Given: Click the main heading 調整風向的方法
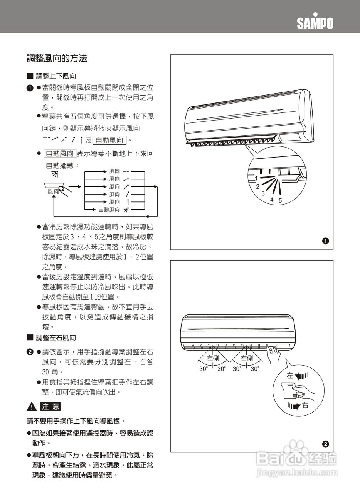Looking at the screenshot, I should [x=57, y=59].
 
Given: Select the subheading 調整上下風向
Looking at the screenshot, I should [x=56, y=77].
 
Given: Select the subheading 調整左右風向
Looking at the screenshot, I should [x=56, y=338].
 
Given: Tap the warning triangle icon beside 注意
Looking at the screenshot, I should [x=31, y=407].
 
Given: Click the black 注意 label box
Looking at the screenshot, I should [x=50, y=407].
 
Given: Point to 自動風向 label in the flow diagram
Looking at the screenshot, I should [x=109, y=210].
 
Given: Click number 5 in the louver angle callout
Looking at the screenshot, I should [x=280, y=201].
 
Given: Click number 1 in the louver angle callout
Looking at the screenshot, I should [x=256, y=178].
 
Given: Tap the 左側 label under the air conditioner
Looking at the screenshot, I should [x=213, y=358].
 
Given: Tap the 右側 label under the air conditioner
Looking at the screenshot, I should [x=247, y=358].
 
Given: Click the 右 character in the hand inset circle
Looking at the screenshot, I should [x=305, y=406].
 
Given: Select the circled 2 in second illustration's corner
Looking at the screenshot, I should [x=325, y=444].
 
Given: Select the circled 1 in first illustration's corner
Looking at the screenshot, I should [x=325, y=241].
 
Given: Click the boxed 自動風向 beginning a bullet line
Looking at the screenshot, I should [x=60, y=154].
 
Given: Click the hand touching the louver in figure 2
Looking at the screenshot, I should [x=274, y=352].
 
